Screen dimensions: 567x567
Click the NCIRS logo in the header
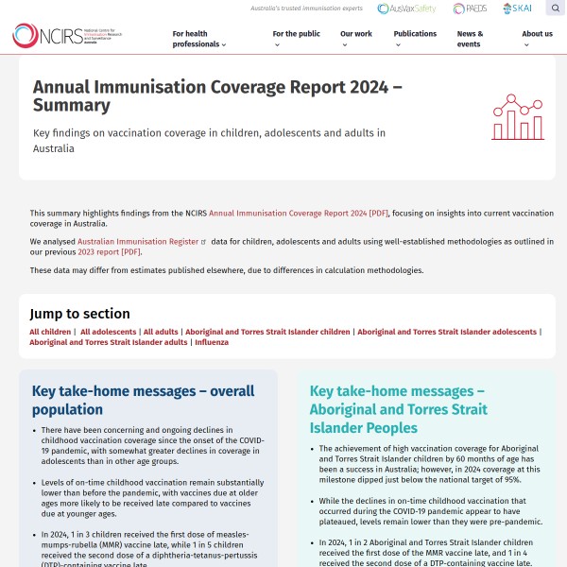(x=66, y=36)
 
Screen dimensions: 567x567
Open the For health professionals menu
(x=199, y=39)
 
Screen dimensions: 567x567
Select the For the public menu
(x=297, y=34)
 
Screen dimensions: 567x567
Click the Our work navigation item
(x=356, y=34)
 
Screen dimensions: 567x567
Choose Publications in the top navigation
(x=416, y=34)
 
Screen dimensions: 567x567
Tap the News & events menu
(x=471, y=39)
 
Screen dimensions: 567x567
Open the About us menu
(x=538, y=34)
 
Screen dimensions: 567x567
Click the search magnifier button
(x=555, y=9)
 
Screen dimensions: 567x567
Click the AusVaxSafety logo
(x=407, y=9)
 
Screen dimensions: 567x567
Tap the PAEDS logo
(x=471, y=9)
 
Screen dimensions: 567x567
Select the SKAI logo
(x=518, y=9)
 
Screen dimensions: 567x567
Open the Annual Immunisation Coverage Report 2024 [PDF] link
(x=299, y=215)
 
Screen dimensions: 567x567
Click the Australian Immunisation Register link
(x=138, y=242)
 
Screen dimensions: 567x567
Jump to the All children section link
(x=50, y=332)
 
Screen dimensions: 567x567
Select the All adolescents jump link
(x=108, y=332)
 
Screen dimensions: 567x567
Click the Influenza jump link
(x=212, y=342)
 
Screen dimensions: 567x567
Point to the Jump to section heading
(x=79, y=314)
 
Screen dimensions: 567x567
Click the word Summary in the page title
(x=72, y=106)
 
